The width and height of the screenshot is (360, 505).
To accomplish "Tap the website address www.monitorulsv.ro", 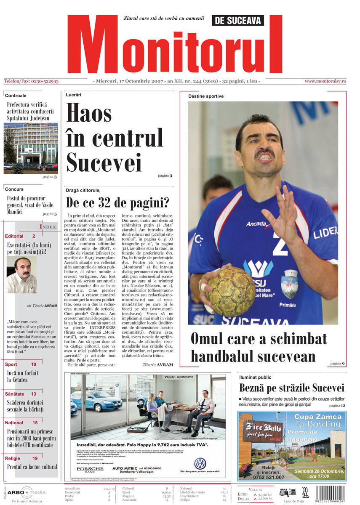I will point(325,81).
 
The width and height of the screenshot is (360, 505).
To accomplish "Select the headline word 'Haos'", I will point(89,114).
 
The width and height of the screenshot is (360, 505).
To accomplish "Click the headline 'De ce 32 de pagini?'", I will point(117,203).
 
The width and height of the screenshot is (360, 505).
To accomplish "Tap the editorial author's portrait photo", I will point(21,275).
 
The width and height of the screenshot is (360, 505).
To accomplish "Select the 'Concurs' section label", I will point(15,189).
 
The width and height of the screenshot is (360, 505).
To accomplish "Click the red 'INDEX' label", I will point(48,227).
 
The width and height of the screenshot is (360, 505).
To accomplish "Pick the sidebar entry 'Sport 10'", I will point(21,364).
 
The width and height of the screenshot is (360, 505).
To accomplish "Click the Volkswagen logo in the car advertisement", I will point(200,464).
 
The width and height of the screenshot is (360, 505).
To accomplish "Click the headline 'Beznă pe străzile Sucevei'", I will point(292,388).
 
